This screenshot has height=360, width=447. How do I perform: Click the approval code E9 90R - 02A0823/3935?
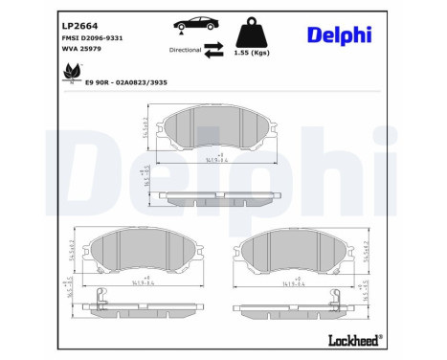(x=127, y=83)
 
